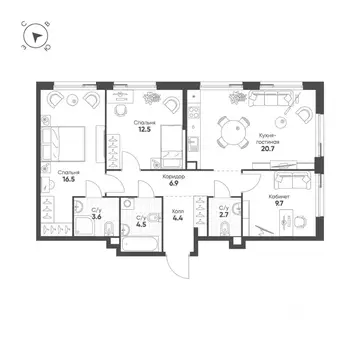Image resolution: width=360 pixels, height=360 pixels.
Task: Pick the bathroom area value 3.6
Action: coord(95,215)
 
